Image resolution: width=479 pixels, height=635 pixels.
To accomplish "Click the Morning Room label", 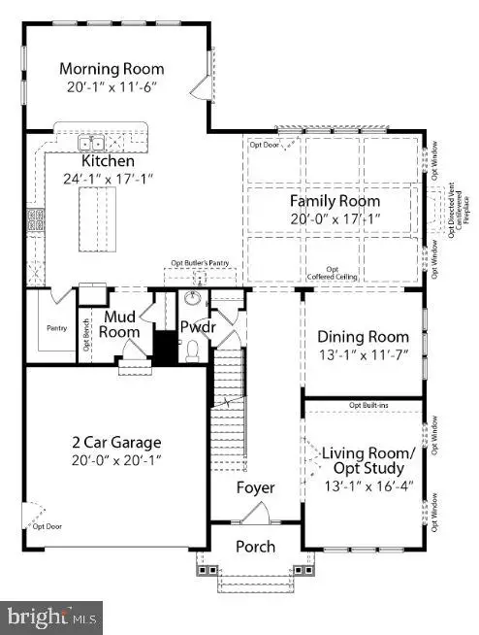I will (x=112, y=69).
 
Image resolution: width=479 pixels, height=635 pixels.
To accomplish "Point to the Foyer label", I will (x=256, y=487).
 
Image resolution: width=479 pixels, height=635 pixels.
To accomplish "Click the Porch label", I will (x=256, y=547).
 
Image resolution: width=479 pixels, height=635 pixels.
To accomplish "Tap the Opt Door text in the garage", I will (x=47, y=527).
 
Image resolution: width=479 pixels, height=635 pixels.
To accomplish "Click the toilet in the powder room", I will (x=192, y=348).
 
